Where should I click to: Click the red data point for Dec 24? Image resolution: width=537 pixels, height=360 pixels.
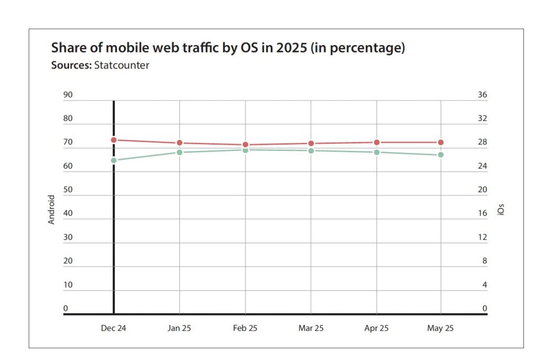114,140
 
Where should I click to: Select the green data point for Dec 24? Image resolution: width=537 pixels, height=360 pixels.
114,160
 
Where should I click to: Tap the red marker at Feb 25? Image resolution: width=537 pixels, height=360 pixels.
245,145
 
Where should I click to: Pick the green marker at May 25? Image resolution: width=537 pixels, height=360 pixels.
441,155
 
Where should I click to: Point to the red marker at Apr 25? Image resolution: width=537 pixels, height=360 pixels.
377,143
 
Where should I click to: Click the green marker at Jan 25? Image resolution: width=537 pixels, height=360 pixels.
179,152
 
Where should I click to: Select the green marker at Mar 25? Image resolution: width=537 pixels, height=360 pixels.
311,151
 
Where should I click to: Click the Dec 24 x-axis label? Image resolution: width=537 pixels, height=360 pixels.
114,329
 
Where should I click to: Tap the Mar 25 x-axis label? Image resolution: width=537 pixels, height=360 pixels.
311,329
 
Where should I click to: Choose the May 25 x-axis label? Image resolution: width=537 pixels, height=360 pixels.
441,329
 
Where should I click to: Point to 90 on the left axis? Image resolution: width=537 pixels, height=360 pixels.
68,95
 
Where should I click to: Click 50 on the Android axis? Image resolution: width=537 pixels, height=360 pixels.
68,190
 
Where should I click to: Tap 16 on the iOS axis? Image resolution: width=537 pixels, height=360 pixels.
482,213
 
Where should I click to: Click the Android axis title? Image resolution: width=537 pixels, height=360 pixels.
51,210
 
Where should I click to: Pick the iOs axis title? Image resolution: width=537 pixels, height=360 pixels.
500,210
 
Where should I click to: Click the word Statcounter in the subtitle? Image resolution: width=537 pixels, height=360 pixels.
122,66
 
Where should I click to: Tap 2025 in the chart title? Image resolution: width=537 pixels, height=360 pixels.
290,49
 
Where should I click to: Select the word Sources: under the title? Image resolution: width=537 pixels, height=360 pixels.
71,66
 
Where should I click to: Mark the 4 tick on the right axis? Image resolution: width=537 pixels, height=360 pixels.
485,285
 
